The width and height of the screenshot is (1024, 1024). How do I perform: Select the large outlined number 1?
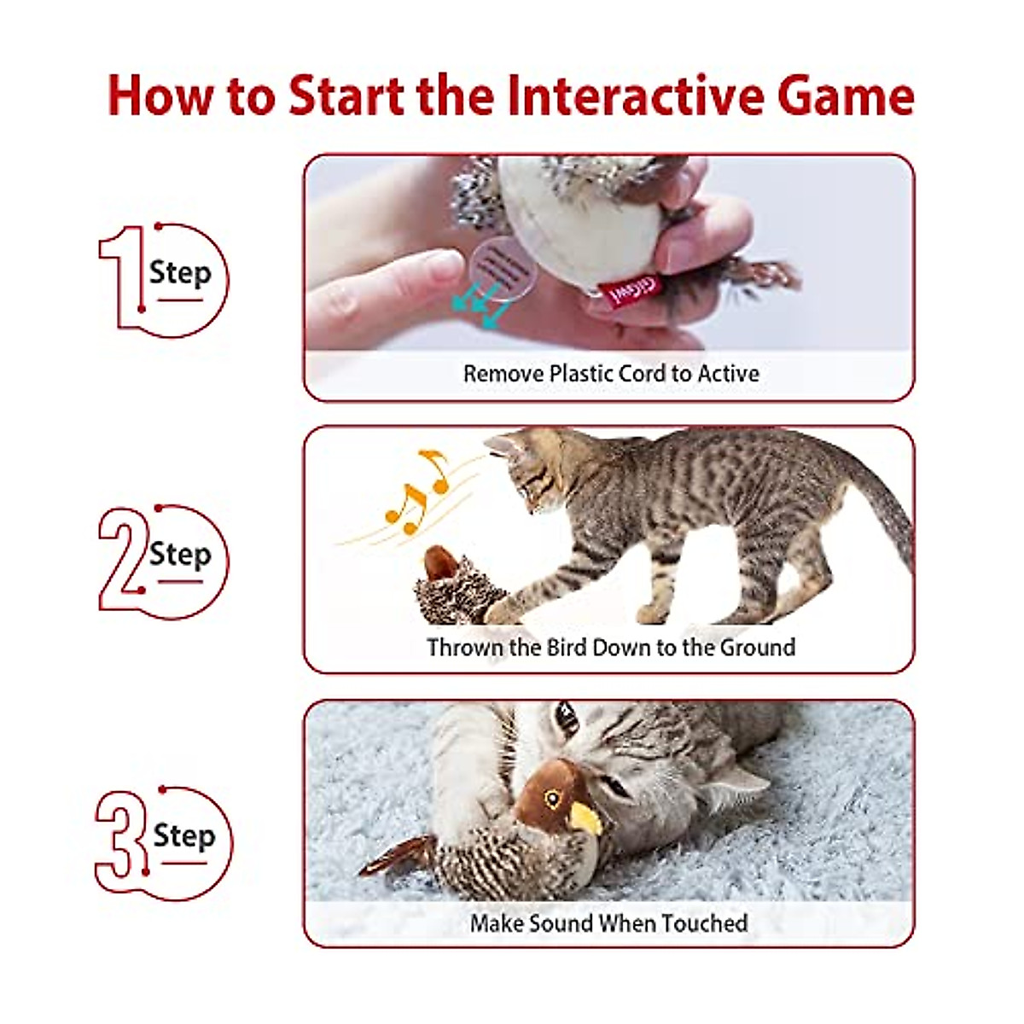click(122, 277)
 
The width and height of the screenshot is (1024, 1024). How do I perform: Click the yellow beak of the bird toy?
click(586, 819)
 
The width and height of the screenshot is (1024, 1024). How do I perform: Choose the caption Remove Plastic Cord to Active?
click(610, 374)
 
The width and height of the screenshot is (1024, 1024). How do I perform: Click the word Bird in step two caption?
click(563, 648)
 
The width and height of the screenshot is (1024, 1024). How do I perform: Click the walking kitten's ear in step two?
click(503, 444)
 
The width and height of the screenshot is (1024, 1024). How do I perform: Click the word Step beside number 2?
click(180, 555)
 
